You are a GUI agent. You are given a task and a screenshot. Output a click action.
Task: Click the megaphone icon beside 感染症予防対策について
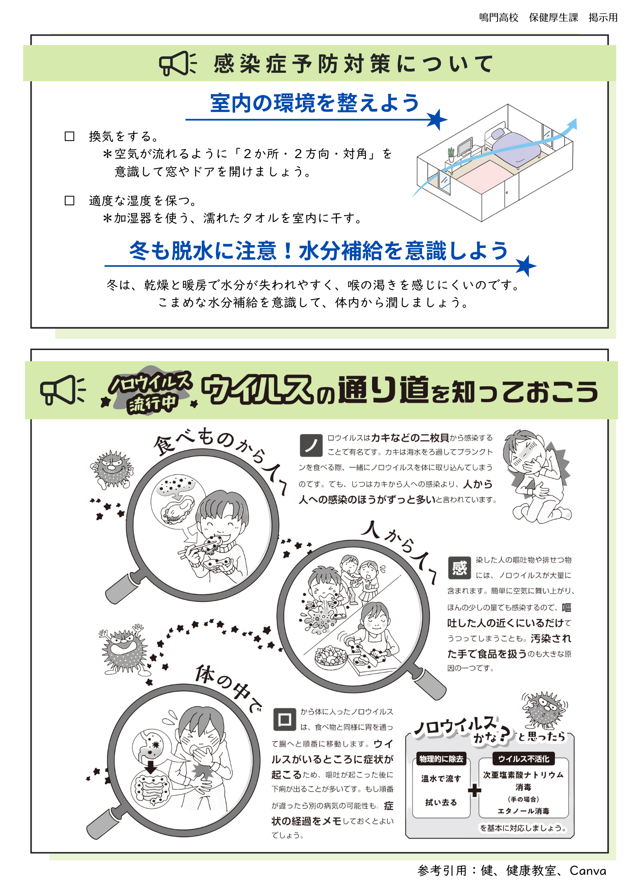[x=178, y=63]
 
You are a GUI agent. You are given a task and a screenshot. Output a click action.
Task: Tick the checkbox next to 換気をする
[x=70, y=136]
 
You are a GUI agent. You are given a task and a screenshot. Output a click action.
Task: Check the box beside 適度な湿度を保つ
[x=70, y=200]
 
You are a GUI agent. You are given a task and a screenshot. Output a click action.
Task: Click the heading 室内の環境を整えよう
[x=315, y=103]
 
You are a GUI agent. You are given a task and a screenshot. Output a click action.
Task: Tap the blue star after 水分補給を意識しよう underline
[x=526, y=266]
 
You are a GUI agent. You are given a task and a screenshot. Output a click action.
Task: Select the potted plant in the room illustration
[x=451, y=154]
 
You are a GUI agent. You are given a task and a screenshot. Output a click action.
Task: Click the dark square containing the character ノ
[x=311, y=445]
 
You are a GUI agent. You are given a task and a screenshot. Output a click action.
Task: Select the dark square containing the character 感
[x=459, y=568]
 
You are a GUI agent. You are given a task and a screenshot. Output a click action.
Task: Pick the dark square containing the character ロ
[x=284, y=719]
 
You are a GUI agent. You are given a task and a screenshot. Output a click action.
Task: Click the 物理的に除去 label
[x=441, y=759]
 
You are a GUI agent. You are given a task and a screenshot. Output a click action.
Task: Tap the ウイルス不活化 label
[x=523, y=759]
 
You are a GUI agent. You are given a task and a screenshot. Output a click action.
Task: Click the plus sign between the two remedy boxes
[x=474, y=790]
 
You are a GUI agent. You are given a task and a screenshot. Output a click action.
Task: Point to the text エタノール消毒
[x=523, y=811]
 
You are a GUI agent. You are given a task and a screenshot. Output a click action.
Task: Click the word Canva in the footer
[x=588, y=871]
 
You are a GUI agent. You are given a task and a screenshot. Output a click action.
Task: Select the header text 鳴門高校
[x=498, y=18]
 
